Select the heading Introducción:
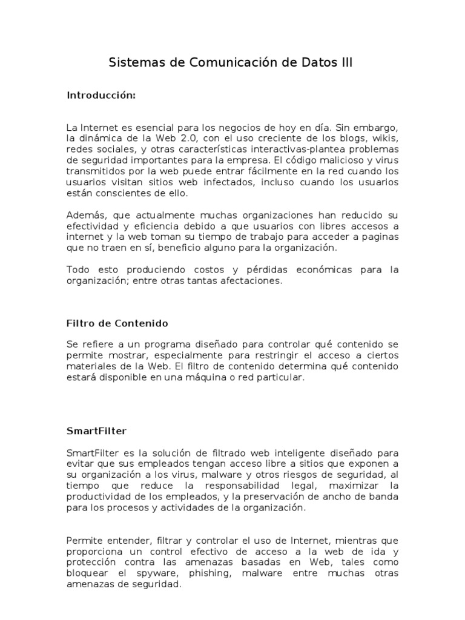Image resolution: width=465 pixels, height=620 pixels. coord(101,96)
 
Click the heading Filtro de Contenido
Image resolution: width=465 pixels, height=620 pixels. coord(117,323)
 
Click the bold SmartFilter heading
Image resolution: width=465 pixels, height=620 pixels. coord(96,430)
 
